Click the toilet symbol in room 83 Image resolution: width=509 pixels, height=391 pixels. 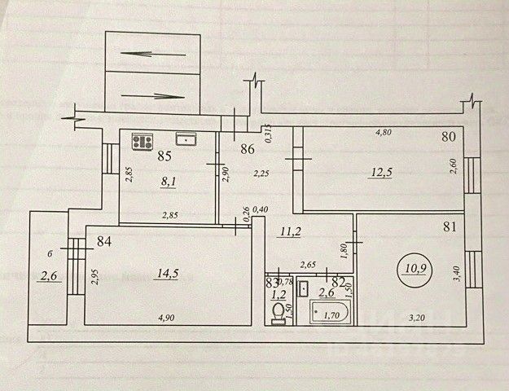(x=279, y=314)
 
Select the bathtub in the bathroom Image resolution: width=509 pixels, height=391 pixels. (x=329, y=310)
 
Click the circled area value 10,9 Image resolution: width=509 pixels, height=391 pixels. (x=415, y=266)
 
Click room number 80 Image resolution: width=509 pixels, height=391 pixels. (x=447, y=137)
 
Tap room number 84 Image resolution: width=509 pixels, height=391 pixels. (x=103, y=240)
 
